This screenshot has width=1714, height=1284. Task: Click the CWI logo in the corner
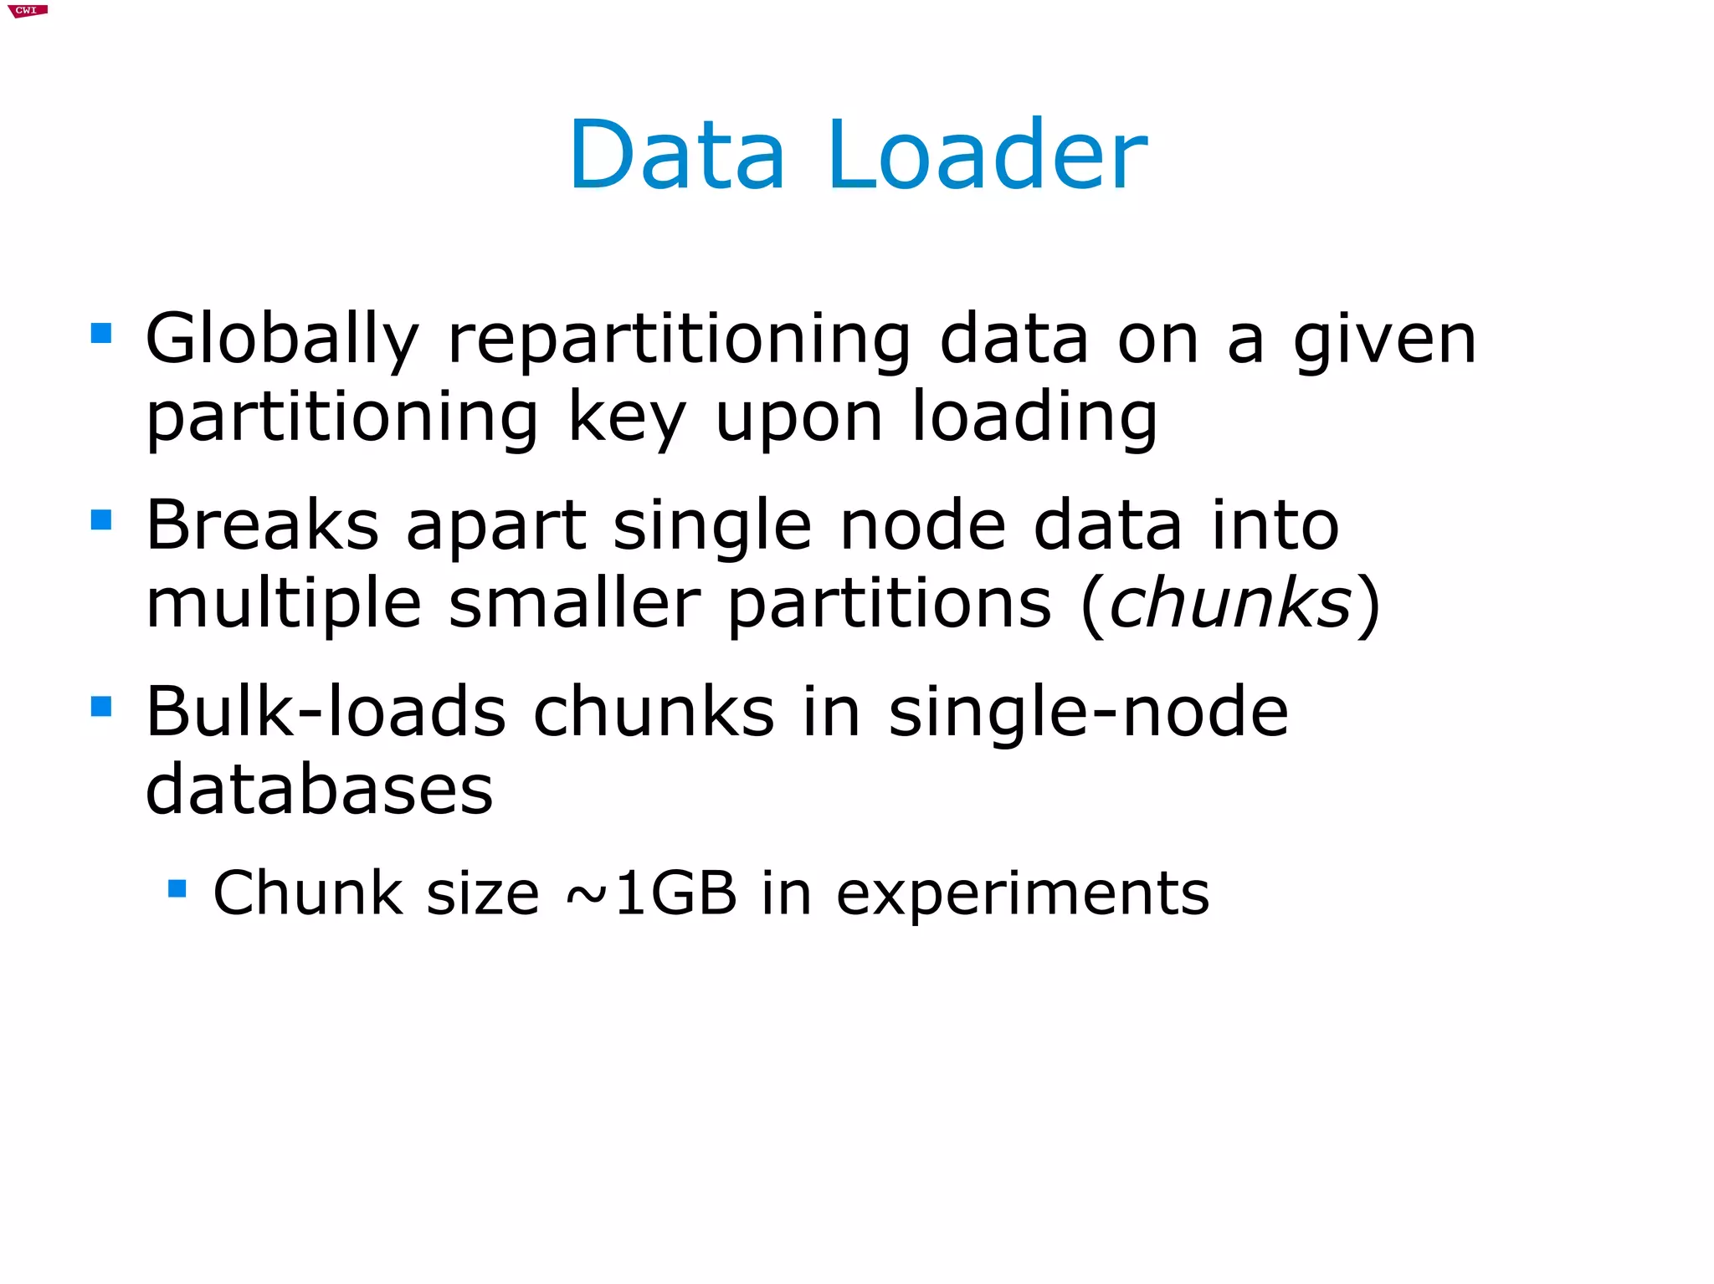pyautogui.click(x=28, y=11)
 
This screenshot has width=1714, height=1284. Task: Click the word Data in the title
pyautogui.click(x=676, y=156)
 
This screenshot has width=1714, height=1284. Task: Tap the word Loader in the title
pyautogui.click(x=988, y=156)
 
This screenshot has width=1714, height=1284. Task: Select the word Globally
pyautogui.click(x=282, y=340)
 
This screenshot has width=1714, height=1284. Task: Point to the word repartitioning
pyautogui.click(x=679, y=340)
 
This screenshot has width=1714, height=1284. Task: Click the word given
pyautogui.click(x=1384, y=340)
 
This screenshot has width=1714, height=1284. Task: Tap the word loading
pyautogui.click(x=1034, y=418)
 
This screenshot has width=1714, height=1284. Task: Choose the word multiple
pyautogui.click(x=284, y=604)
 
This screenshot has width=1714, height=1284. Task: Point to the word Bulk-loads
pyautogui.click(x=326, y=712)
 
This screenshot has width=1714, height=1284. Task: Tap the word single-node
pyautogui.click(x=1088, y=712)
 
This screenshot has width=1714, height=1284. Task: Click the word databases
pyautogui.click(x=319, y=790)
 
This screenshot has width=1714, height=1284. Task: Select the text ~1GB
pyautogui.click(x=651, y=893)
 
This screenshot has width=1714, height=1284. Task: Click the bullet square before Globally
pyautogui.click(x=101, y=334)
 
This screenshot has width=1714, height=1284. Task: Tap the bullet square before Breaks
pyautogui.click(x=101, y=520)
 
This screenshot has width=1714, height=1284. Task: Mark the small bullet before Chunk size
pyautogui.click(x=177, y=888)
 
